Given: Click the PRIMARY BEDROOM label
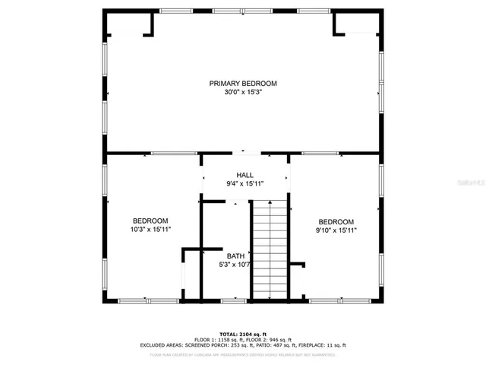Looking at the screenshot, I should pyautogui.click(x=243, y=83).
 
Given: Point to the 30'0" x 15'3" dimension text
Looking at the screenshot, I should pyautogui.click(x=243, y=92).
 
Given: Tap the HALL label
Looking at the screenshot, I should pyautogui.click(x=245, y=175).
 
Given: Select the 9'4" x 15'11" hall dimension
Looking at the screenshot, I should pyautogui.click(x=245, y=184).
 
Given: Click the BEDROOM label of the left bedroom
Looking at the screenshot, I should pyautogui.click(x=150, y=221).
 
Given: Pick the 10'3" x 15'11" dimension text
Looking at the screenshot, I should pyautogui.click(x=150, y=229).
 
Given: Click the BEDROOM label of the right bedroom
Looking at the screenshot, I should pyautogui.click(x=336, y=221).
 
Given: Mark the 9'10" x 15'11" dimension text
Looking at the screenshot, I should pyautogui.click(x=336, y=230).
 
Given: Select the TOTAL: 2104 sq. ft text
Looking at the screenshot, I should pyautogui.click(x=243, y=334).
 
